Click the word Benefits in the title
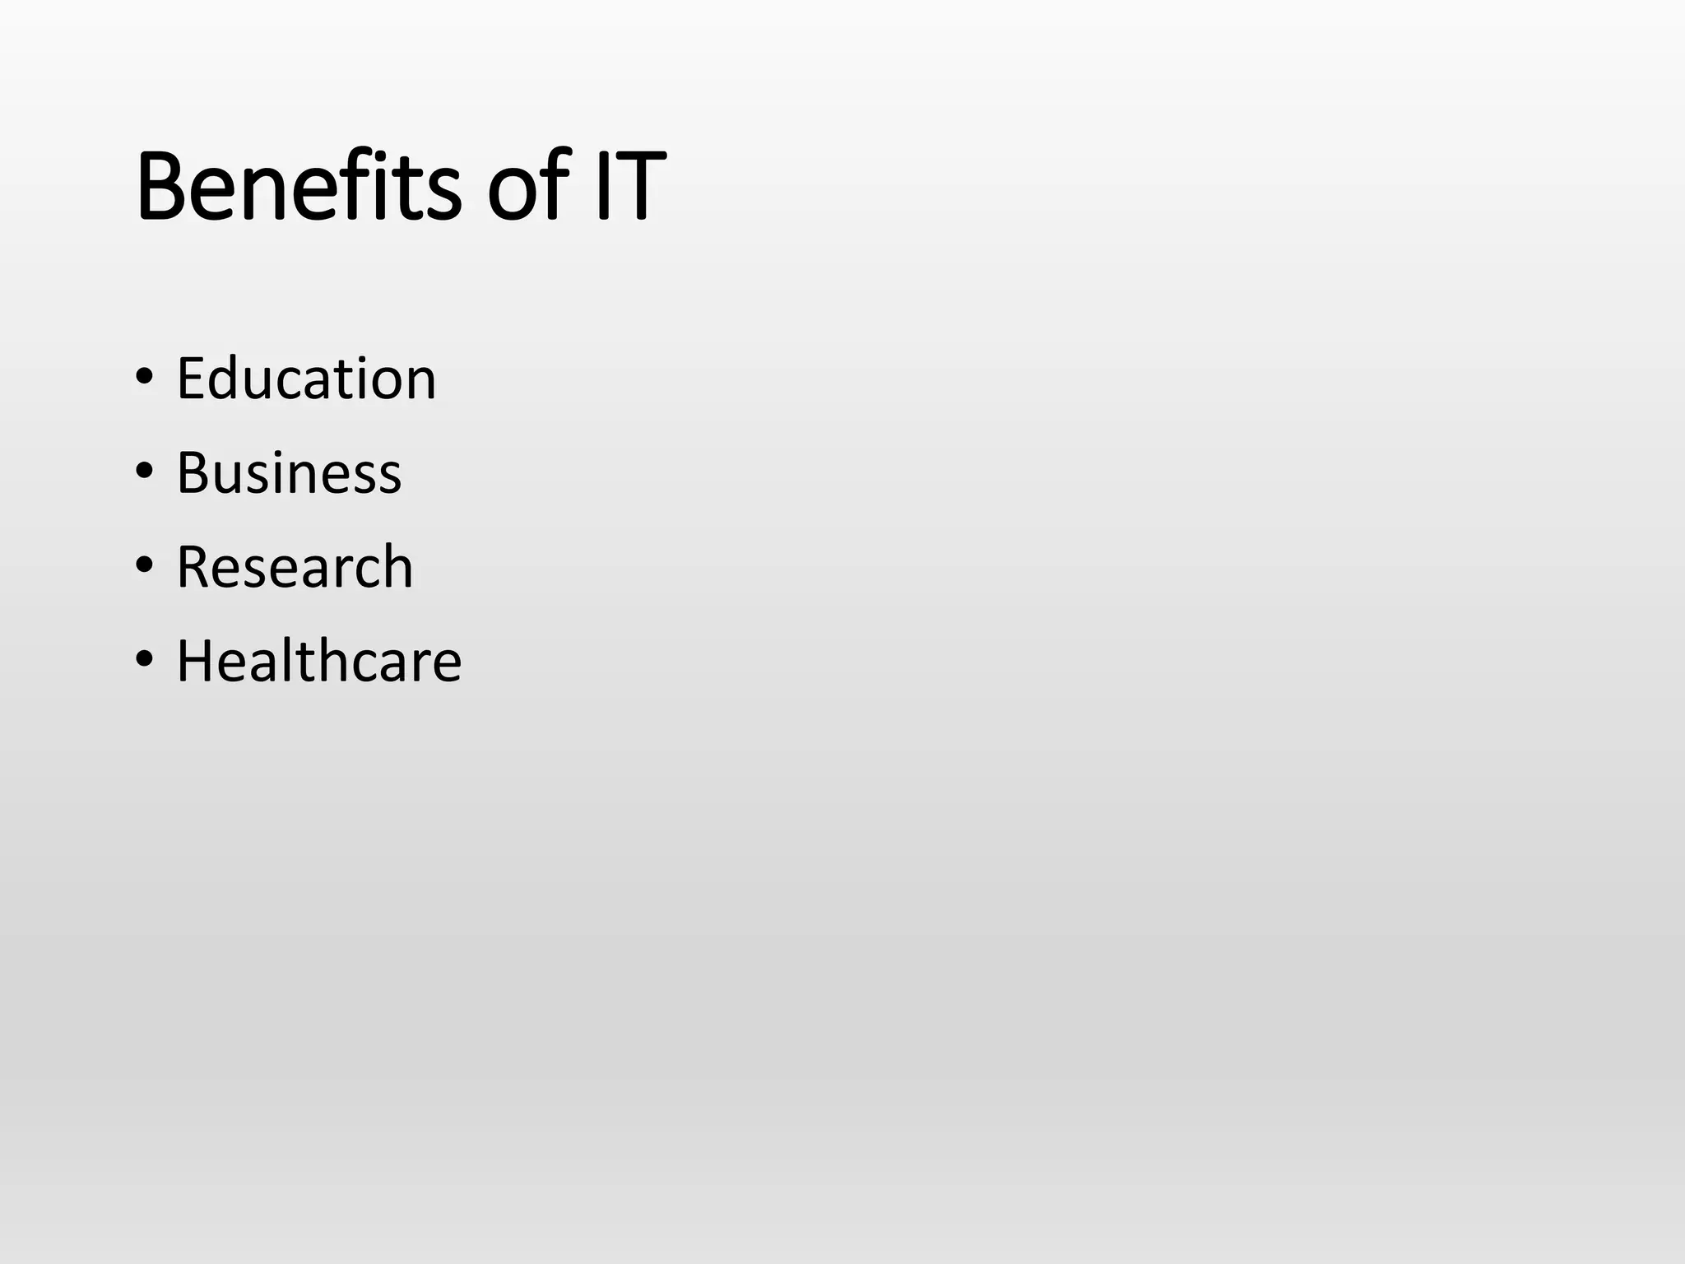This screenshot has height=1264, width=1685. click(298, 187)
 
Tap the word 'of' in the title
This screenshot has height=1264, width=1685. click(527, 187)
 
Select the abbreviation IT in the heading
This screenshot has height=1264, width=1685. click(629, 187)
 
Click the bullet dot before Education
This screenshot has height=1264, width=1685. click(145, 378)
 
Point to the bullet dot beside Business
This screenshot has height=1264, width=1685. click(145, 472)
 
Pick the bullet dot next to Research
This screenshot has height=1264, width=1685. click(145, 565)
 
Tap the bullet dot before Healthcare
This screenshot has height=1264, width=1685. click(145, 659)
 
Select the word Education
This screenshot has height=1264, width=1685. click(306, 379)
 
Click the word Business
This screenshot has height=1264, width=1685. click(289, 473)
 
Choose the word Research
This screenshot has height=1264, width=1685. click(295, 567)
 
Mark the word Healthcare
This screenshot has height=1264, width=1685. click(319, 661)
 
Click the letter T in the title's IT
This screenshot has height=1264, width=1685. click(639, 187)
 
